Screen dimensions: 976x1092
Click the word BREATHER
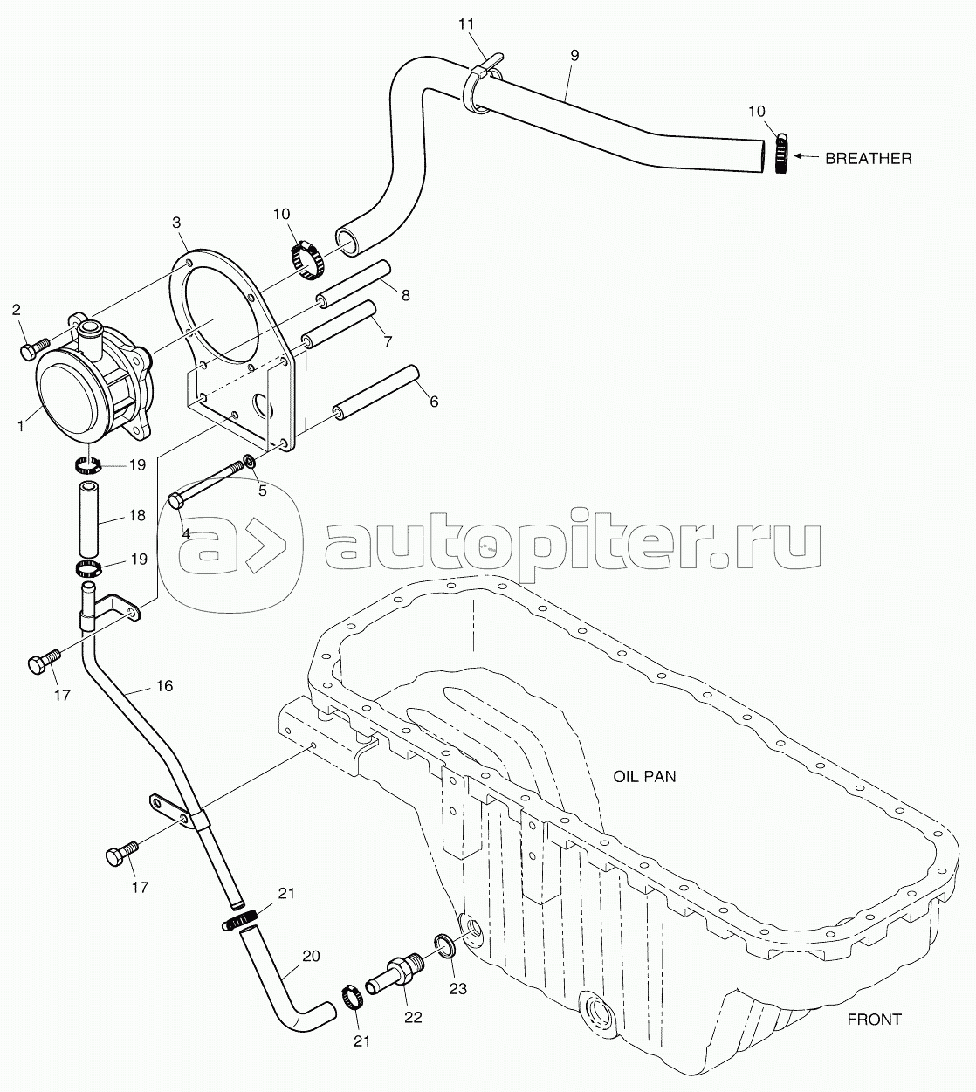(x=869, y=159)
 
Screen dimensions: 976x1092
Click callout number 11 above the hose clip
(x=466, y=24)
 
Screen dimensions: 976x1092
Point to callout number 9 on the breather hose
(x=574, y=56)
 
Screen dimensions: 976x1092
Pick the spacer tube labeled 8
(x=354, y=284)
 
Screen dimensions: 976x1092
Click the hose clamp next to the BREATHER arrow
(x=781, y=153)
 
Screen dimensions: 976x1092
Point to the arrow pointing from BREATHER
(x=806, y=156)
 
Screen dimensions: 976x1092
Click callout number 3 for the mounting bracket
(x=176, y=223)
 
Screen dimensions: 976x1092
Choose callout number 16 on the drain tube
(x=164, y=685)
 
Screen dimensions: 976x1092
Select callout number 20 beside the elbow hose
(x=311, y=956)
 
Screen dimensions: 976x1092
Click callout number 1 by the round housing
(x=20, y=426)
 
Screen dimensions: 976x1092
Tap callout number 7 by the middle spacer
(x=388, y=340)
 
